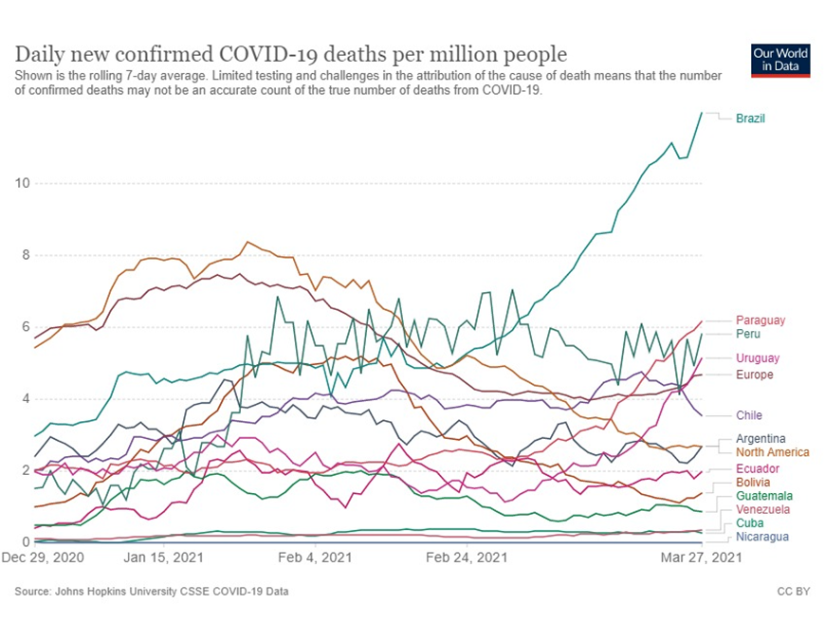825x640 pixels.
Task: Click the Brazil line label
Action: pos(750,119)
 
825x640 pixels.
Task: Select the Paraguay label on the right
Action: pos(760,320)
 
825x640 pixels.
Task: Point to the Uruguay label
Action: pos(758,358)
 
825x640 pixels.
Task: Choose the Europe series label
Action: pos(754,375)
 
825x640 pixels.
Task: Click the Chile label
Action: pos(748,415)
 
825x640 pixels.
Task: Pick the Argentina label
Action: pos(761,439)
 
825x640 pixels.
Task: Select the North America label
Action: pos(772,452)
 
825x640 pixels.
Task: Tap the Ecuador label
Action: pos(758,469)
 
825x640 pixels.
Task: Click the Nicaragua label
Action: pos(761,537)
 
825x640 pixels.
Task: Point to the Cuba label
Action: pos(749,523)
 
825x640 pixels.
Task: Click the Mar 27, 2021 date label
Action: pos(701,558)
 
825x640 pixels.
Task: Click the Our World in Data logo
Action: pos(779,61)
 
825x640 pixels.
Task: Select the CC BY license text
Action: pos(793,592)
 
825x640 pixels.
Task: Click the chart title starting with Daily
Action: pos(290,53)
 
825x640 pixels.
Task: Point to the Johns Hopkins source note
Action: pos(152,592)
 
